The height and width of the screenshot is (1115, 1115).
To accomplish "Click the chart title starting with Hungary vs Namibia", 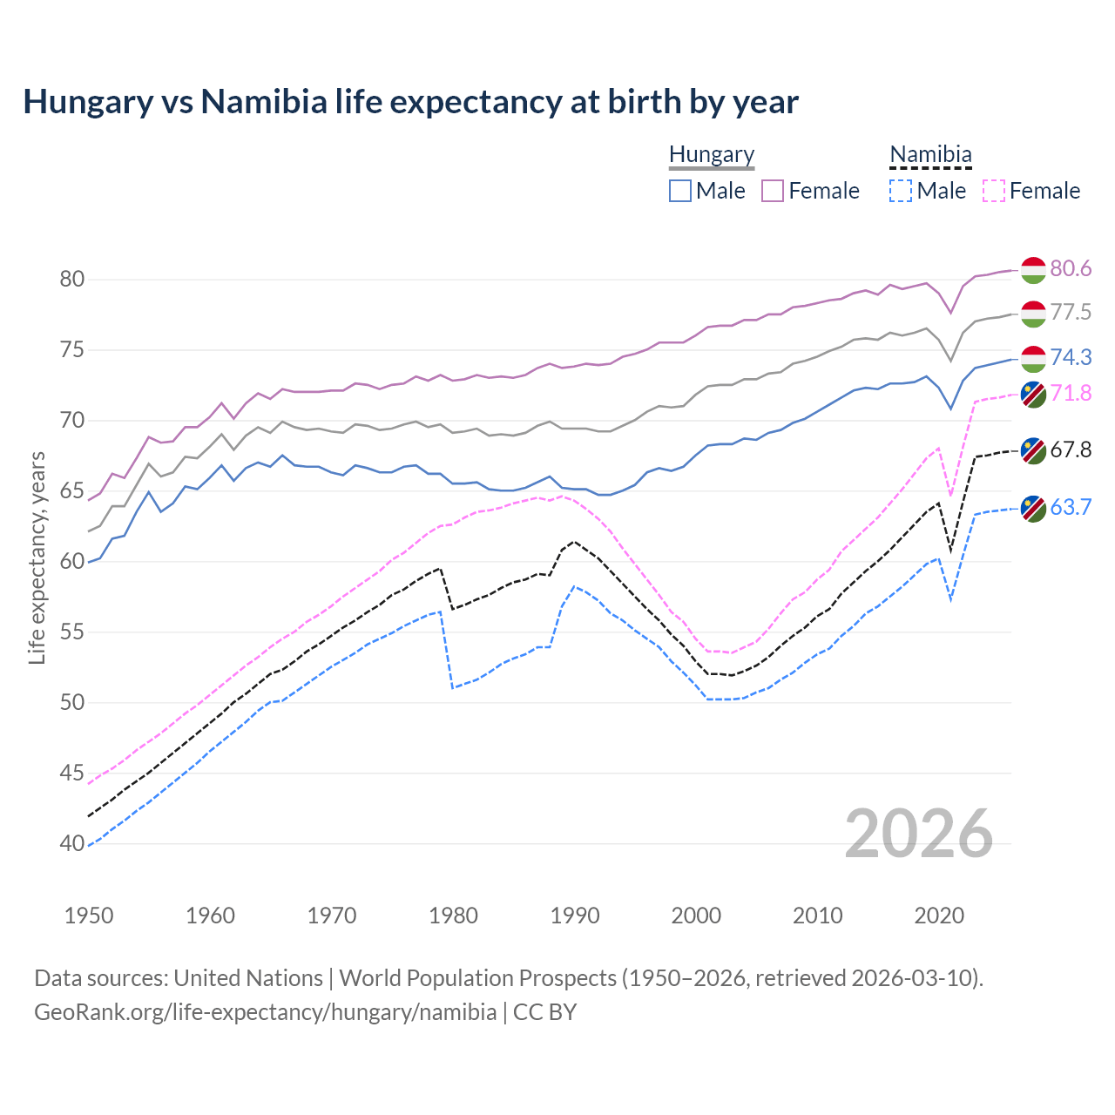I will [x=410, y=102].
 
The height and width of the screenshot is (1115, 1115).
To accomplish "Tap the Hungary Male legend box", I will [x=680, y=191].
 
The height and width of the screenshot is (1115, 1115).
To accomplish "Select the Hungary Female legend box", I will [x=773, y=191].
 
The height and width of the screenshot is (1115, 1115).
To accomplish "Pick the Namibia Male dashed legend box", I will [x=901, y=191].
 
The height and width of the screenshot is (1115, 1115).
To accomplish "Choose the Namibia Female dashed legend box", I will [x=993, y=191].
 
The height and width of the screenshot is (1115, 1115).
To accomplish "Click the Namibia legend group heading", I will [x=930, y=154].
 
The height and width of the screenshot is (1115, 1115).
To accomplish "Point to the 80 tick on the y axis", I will [x=71, y=280].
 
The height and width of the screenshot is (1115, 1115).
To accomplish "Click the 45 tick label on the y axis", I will [x=71, y=774].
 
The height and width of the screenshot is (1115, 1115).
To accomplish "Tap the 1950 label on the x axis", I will [x=89, y=916].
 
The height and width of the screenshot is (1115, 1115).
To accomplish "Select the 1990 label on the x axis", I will [x=575, y=916].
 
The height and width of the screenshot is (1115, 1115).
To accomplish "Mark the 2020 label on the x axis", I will [x=939, y=916].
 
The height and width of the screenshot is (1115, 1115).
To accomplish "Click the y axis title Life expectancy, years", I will [x=37, y=557].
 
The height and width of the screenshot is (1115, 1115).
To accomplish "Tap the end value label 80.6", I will [x=1071, y=268].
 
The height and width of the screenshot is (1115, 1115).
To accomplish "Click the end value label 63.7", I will [x=1071, y=507].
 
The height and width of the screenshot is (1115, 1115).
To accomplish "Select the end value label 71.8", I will [x=1071, y=393].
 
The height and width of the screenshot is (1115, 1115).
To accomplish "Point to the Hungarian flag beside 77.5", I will [x=1033, y=314].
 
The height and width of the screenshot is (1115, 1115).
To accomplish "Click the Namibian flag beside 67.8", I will [x=1033, y=450].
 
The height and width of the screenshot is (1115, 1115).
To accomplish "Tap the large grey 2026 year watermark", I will [x=918, y=834].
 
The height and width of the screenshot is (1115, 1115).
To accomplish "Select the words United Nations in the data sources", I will [x=248, y=978].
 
